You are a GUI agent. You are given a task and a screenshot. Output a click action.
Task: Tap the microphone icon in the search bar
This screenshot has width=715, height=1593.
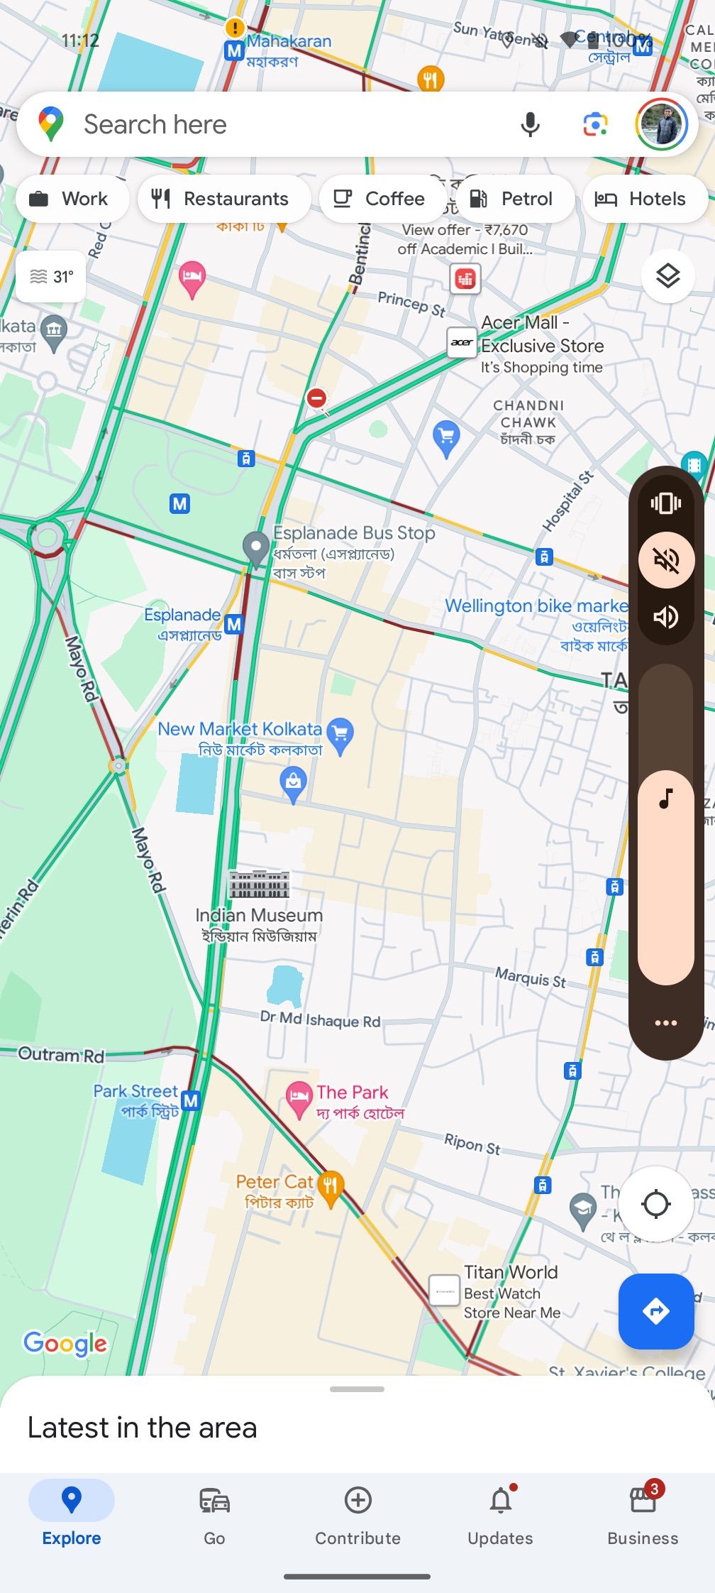click(x=530, y=124)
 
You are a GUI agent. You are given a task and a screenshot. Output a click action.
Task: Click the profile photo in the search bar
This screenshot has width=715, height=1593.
click(x=662, y=124)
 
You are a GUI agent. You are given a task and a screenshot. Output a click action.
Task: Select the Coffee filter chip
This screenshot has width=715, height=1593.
click(x=382, y=199)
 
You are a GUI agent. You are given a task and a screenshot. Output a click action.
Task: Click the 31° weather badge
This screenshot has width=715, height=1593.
click(x=51, y=276)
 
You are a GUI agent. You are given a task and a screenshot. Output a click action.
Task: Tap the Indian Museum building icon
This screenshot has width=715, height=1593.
click(x=259, y=884)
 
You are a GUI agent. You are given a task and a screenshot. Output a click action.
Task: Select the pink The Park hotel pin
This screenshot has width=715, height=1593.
click(x=299, y=1097)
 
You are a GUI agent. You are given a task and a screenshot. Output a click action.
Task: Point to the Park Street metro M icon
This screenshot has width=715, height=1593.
click(x=190, y=1100)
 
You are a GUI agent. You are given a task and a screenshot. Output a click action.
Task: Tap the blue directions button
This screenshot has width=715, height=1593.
click(x=655, y=1311)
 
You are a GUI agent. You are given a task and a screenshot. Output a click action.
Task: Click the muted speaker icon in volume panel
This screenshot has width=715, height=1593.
click(x=666, y=560)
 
